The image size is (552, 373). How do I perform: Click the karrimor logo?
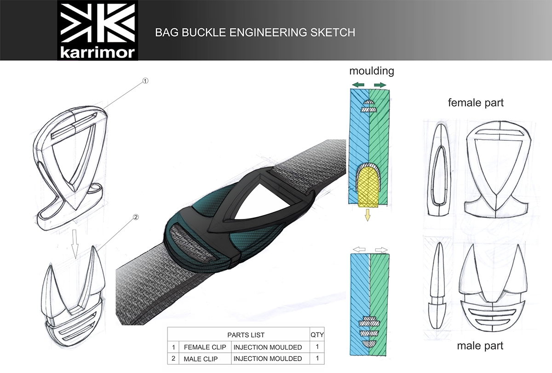tap(98, 30)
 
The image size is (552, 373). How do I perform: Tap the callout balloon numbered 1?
tap(145, 81)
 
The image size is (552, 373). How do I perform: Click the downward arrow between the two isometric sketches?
tap(76, 237)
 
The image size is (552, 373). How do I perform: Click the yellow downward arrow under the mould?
tap(367, 214)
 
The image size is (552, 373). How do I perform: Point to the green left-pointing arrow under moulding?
tap(357, 85)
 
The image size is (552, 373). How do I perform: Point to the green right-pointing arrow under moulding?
tap(380, 85)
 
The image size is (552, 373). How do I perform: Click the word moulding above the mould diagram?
tap(372, 71)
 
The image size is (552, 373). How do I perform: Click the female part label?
tap(476, 103)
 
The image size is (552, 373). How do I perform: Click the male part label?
tap(480, 345)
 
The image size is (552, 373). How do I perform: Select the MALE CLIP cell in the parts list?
tap(201, 358)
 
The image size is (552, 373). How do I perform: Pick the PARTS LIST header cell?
tap(246, 335)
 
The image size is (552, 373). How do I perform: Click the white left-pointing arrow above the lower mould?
tap(359, 249)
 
